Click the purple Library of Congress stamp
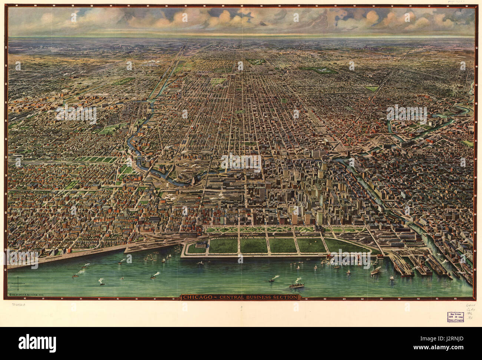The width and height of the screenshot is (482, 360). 453,316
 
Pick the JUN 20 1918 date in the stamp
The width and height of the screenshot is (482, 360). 453,316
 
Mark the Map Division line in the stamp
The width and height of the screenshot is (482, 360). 453,312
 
